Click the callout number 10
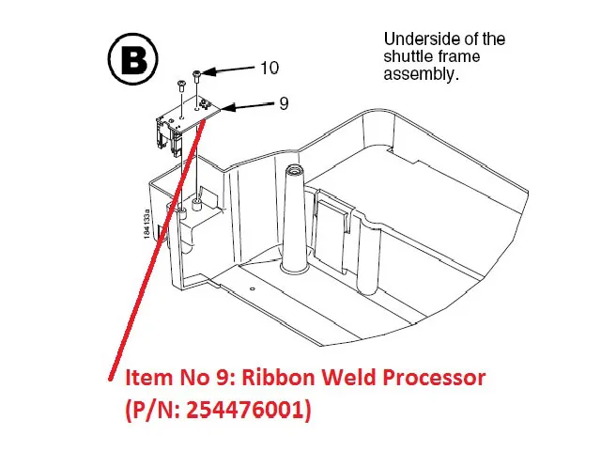point(270,68)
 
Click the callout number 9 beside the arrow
point(284,103)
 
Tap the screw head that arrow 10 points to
point(195,73)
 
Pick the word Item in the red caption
point(146,380)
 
